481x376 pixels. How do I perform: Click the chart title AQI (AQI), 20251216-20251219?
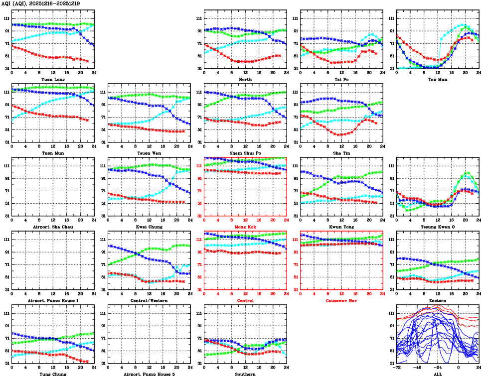pos(37,3)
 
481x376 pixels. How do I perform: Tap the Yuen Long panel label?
pos(52,79)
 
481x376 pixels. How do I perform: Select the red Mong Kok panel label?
pos(245,227)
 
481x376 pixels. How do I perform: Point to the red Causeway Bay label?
pos(341,300)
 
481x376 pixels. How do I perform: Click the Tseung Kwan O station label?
pos(437,227)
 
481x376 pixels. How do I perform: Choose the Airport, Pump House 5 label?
pos(149,374)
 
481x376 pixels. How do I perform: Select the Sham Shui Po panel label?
pos(245,153)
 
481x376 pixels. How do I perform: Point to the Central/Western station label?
pos(149,300)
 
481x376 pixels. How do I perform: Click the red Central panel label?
pos(245,300)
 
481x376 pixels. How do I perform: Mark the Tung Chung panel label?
pos(52,374)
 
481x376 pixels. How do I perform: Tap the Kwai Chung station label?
pos(149,227)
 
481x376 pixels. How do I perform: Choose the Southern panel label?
pos(245,374)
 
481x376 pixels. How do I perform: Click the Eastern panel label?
pos(437,300)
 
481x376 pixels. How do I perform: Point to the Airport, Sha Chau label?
pos(52,227)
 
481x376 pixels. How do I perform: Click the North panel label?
pos(245,79)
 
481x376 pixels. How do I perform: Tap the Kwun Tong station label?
pos(341,227)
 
